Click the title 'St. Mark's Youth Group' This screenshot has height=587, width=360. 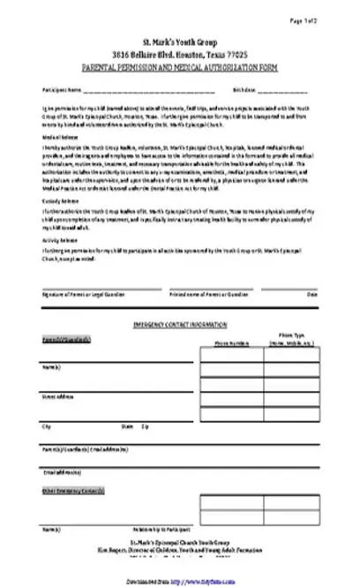coord(179,42)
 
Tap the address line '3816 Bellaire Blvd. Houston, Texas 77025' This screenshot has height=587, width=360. coord(179,55)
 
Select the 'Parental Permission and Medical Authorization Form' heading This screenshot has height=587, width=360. coord(179,67)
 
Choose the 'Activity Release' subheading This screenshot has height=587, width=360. coord(56,239)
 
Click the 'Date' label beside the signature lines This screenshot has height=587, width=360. coord(311,294)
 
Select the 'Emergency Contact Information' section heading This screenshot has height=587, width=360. coord(179,326)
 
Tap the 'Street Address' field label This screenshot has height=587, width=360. coord(58,397)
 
